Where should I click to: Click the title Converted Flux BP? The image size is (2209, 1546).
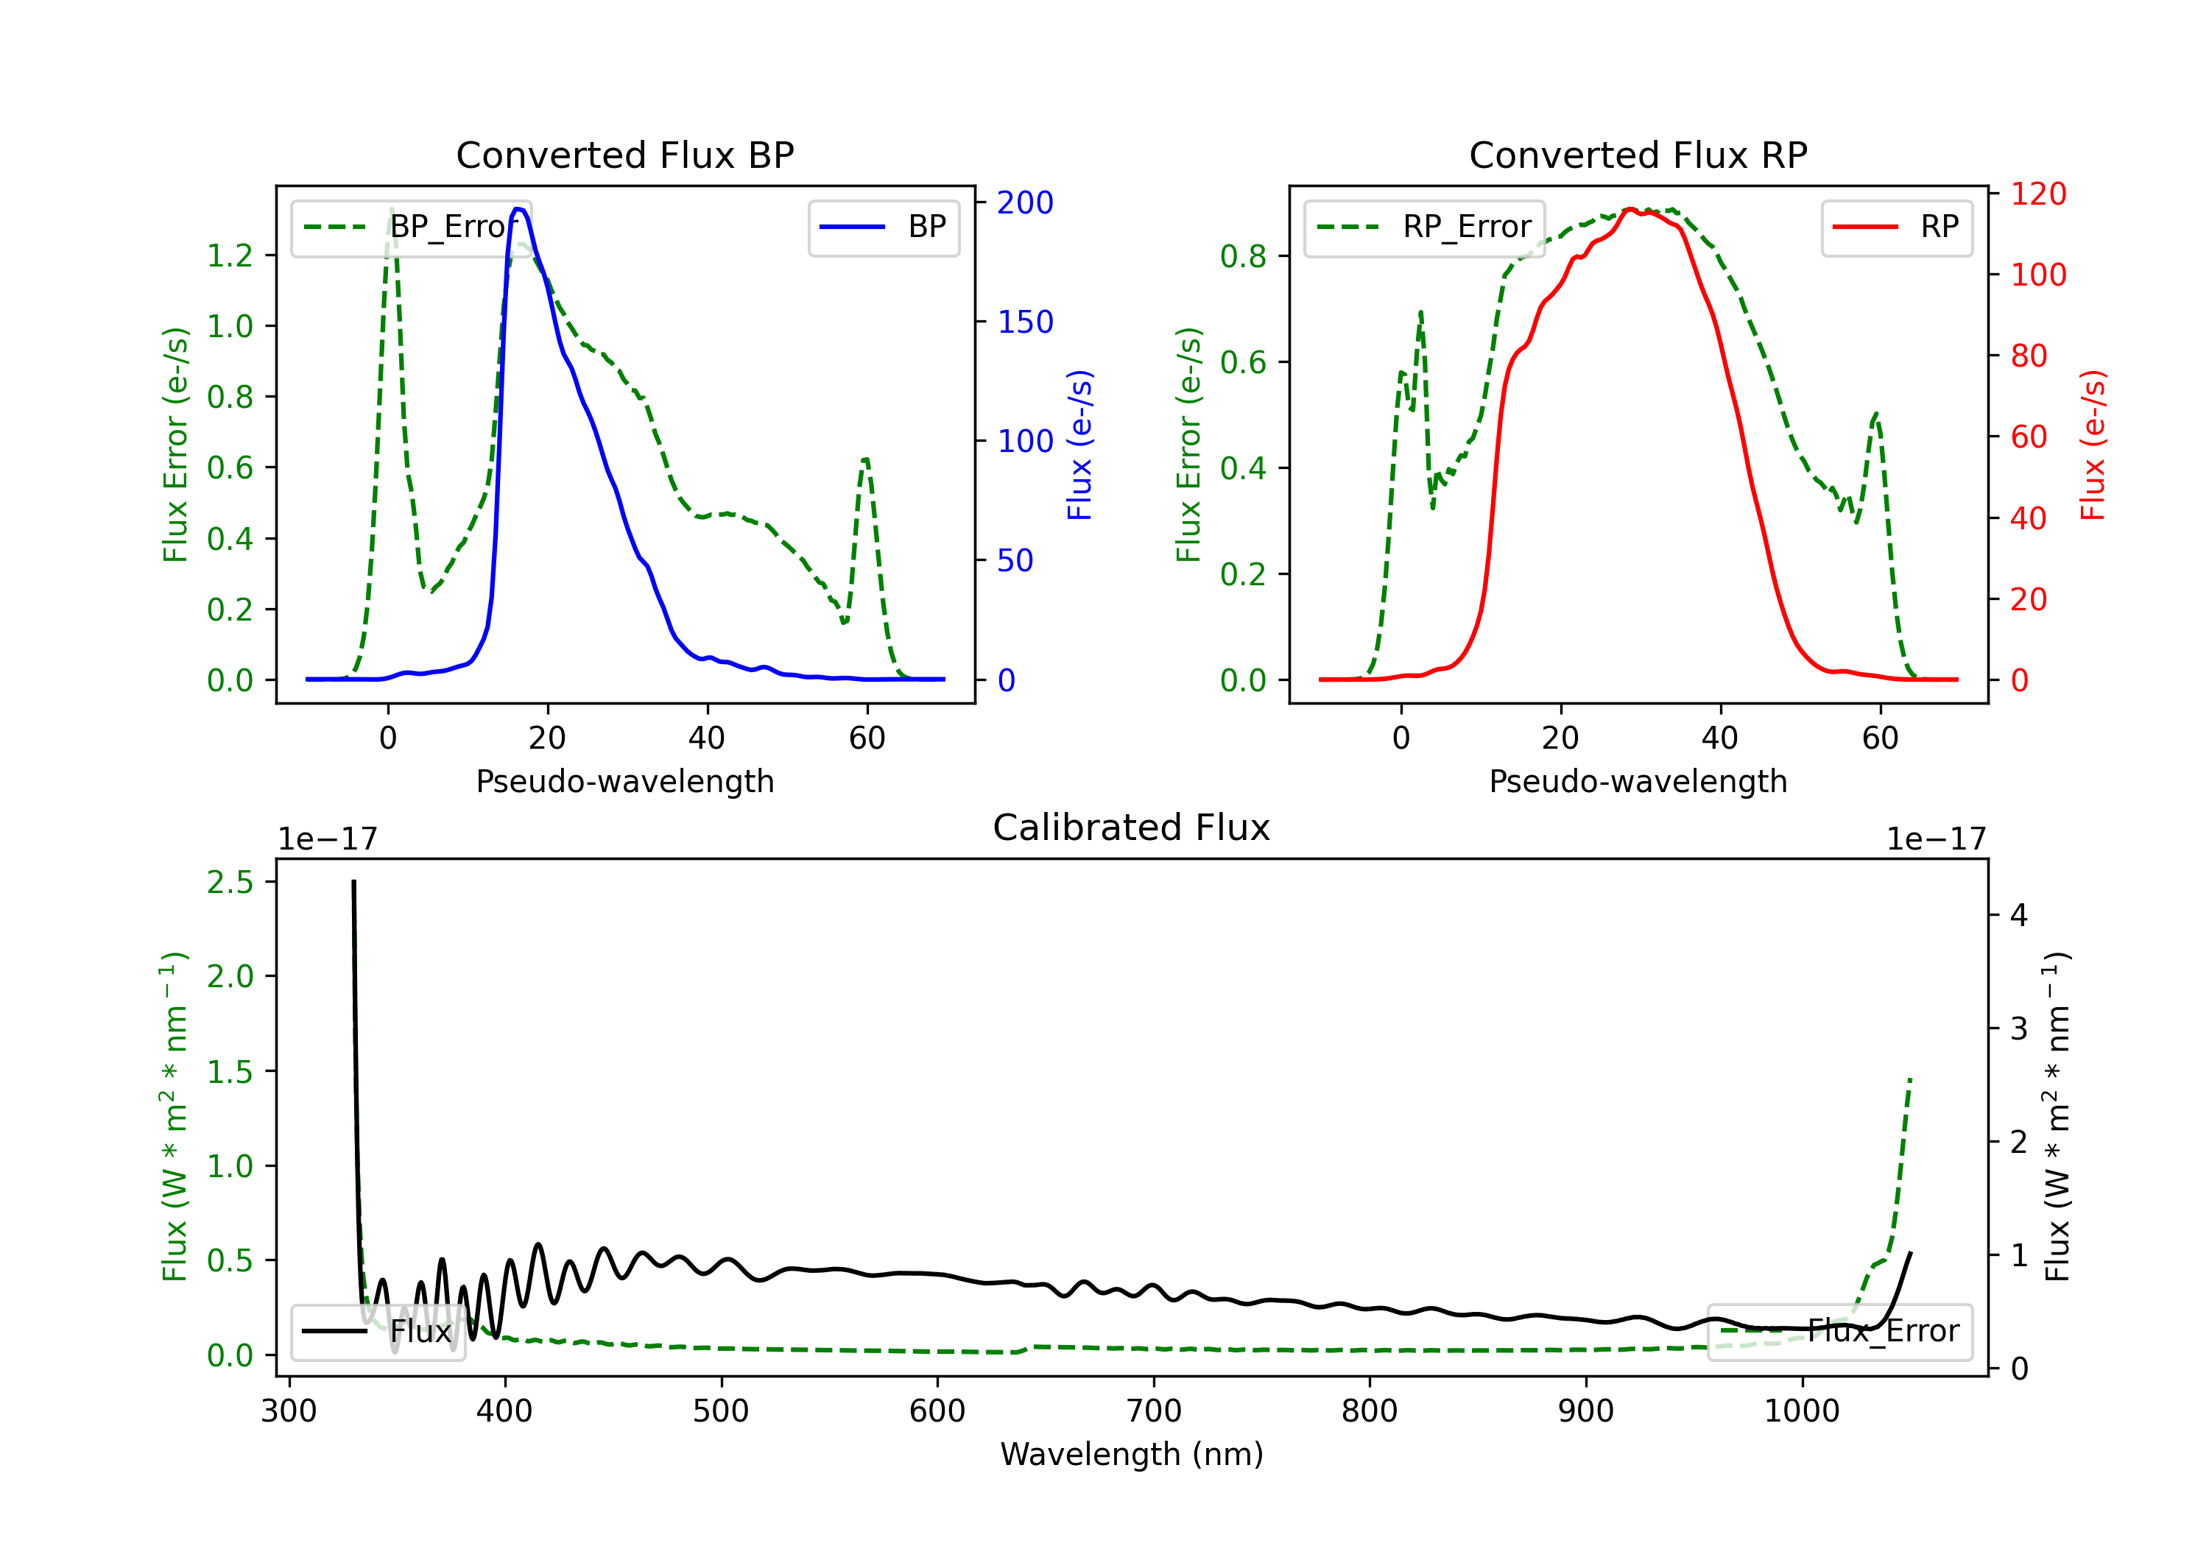(625, 155)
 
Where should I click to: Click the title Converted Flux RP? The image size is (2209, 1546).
(1638, 155)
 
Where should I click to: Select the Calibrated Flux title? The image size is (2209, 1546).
(1132, 827)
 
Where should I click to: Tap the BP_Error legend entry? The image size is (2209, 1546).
(411, 227)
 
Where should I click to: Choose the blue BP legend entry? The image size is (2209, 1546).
(883, 227)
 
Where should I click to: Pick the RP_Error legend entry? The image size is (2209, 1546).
(1424, 227)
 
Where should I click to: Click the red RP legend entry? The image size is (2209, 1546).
(1896, 227)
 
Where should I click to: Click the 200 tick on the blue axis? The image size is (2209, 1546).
(1025, 202)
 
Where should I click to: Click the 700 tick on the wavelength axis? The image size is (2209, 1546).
(1154, 1411)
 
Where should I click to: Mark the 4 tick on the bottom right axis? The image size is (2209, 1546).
(2020, 915)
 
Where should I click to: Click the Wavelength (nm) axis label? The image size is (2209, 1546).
(1132, 1454)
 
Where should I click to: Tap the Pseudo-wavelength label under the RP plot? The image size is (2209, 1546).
(1638, 781)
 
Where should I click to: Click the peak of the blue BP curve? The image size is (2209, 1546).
(518, 209)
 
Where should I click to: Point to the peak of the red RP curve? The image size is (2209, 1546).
(1630, 209)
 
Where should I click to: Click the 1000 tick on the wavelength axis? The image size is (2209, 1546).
(1802, 1411)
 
